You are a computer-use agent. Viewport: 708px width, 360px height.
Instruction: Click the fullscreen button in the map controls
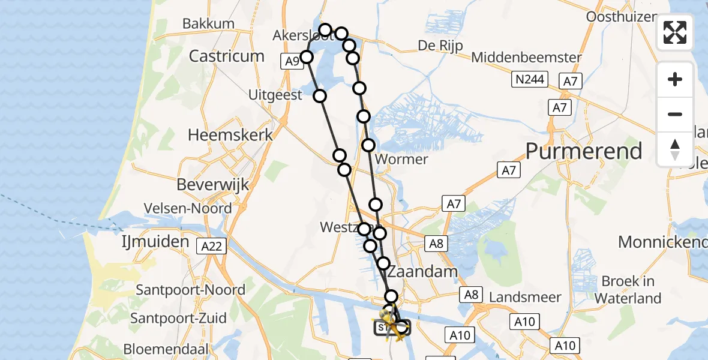[675, 32]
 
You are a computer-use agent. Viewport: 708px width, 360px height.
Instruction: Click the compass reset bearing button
[675, 149]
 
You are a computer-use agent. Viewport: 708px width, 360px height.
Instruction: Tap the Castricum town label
[227, 56]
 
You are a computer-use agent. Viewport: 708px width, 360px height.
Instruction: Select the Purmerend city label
[584, 151]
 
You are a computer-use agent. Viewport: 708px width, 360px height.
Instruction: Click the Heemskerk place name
[230, 135]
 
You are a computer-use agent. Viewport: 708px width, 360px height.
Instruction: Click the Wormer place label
[401, 160]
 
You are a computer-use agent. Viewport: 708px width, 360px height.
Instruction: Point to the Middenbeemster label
[526, 58]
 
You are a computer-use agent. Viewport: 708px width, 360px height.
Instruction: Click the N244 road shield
[530, 80]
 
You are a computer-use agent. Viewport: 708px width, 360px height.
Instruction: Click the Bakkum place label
[208, 24]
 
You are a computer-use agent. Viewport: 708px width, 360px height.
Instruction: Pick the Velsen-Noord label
[188, 209]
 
